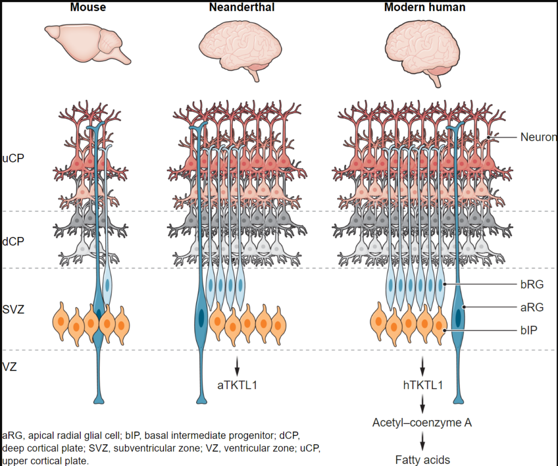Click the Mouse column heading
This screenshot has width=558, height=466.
tap(88, 7)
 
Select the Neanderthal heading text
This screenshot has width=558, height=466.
tap(241, 7)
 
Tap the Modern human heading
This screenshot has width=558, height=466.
tap(424, 7)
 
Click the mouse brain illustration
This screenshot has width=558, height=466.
tap(88, 44)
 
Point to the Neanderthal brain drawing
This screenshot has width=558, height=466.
tap(240, 50)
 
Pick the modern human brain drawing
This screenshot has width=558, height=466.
tap(422, 52)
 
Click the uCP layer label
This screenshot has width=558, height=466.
tap(13, 158)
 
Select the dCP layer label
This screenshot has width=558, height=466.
tap(13, 241)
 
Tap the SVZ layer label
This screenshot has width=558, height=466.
tap(13, 309)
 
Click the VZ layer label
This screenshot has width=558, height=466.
tap(10, 367)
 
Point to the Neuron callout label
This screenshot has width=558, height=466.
tap(538, 137)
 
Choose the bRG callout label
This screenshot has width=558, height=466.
tap(532, 285)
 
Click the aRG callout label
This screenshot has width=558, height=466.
tap(532, 307)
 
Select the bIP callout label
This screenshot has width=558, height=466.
tap(529, 330)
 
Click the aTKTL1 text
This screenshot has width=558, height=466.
tap(237, 385)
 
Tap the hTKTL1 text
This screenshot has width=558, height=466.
tap(423, 385)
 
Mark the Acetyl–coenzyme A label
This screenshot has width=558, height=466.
tap(422, 422)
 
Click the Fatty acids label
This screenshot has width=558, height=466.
tap(422, 459)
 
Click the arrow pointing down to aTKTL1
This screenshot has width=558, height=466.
tap(237, 366)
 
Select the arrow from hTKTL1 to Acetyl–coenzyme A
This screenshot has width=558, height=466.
tap(422, 404)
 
